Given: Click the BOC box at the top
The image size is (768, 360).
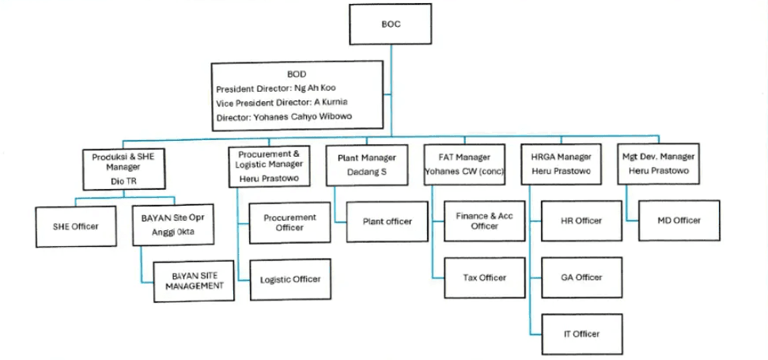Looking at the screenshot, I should click(390, 24).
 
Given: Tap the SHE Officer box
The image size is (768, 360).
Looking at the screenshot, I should click(75, 226).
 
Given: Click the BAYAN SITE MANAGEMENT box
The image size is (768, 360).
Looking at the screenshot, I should click(194, 281).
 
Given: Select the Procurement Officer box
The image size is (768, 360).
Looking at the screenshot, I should click(289, 222).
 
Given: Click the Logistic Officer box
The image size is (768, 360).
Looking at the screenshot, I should click(290, 279).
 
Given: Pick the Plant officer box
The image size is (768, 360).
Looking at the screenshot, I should click(387, 222).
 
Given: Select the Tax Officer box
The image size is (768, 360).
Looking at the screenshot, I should click(484, 277).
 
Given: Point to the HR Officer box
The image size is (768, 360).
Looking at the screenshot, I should click(581, 221).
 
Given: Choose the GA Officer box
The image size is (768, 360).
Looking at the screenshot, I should click(581, 277).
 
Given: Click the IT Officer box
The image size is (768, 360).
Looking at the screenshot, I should click(581, 334).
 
